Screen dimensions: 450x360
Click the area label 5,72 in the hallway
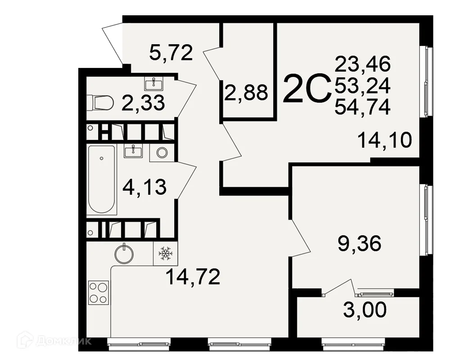click(171, 53)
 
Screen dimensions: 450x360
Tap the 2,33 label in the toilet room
click(143, 103)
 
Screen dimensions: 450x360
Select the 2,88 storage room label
click(246, 92)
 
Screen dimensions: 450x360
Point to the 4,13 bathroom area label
click(144, 187)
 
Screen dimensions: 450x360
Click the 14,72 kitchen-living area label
click(193, 277)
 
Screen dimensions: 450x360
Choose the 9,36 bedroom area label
click(359, 243)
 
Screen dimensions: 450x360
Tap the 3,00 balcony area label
click(365, 310)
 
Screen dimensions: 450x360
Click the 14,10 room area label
click(385, 140)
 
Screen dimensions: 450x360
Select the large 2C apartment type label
click(306, 88)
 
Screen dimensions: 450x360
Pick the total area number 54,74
click(362, 107)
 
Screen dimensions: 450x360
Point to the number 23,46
click(362, 64)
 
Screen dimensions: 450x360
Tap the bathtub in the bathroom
click(102, 179)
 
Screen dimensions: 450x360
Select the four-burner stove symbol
click(99, 292)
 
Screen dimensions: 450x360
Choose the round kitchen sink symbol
click(124, 254)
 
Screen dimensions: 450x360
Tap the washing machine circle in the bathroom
click(162, 153)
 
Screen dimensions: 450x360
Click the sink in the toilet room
click(154, 84)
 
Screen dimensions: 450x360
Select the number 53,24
click(362, 85)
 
